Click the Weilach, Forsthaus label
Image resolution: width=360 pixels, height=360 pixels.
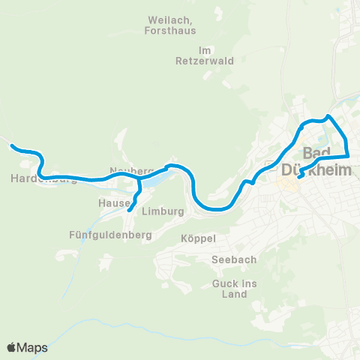pyautogui.click(x=170, y=25)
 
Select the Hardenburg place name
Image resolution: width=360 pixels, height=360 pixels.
pyautogui.click(x=44, y=178)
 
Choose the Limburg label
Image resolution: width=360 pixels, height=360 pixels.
pyautogui.click(x=163, y=211)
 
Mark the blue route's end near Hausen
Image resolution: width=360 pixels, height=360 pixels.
pyautogui.click(x=129, y=211)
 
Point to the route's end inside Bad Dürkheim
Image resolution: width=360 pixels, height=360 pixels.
pyautogui.click(x=298, y=178)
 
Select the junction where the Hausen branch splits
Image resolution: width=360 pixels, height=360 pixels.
pyautogui.click(x=139, y=180)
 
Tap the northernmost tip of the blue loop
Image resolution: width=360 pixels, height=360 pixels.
pyautogui.click(x=328, y=116)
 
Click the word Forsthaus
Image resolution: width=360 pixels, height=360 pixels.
pyautogui.click(x=170, y=31)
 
